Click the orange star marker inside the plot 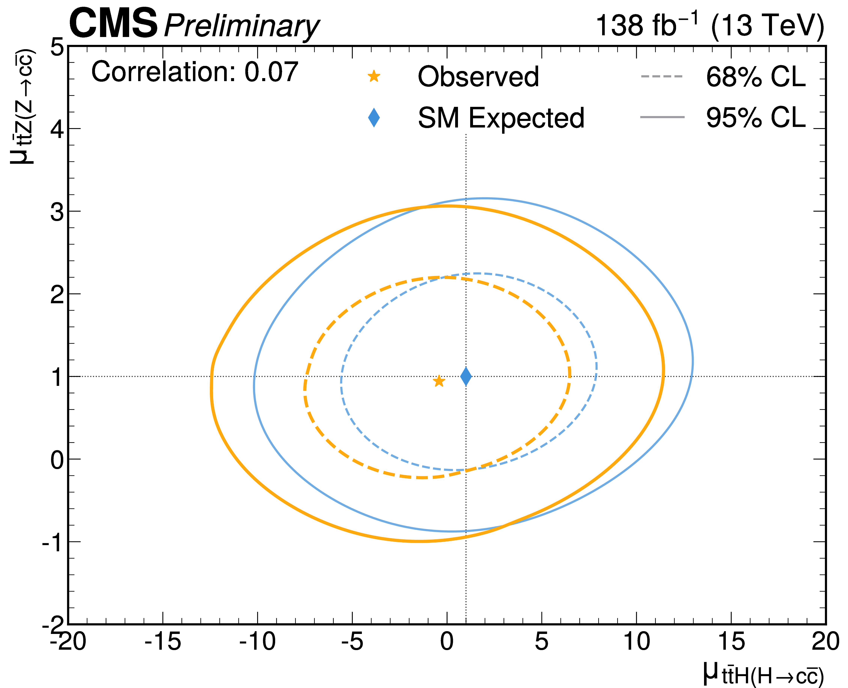point(438,381)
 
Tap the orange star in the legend point(374,76)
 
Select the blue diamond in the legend point(374,118)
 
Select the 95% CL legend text point(755,118)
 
